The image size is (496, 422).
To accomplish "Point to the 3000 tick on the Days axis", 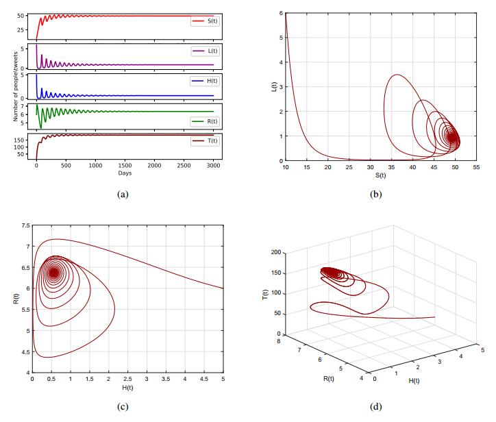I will tap(214, 166).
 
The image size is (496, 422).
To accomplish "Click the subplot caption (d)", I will tap(375, 406).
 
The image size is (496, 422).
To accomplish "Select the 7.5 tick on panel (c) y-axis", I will tap(25, 225).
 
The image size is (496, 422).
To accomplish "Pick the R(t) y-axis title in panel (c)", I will tap(15, 299).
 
